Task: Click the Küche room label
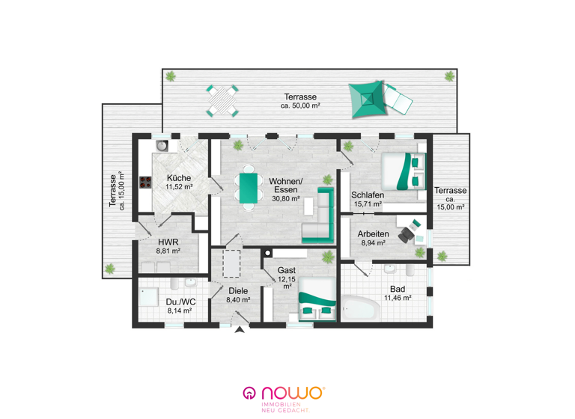pyautogui.click(x=178, y=178)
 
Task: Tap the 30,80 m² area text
pyautogui.click(x=285, y=199)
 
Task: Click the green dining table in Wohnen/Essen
pyautogui.click(x=246, y=189)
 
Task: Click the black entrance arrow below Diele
pyautogui.click(x=240, y=331)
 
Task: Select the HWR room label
pyautogui.click(x=167, y=242)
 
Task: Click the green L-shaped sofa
pyautogui.click(x=320, y=219)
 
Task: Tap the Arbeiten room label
pyautogui.click(x=373, y=233)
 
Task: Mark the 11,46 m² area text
pyautogui.click(x=398, y=298)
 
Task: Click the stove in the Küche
pyautogui.click(x=142, y=181)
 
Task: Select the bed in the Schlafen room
pyautogui.click(x=402, y=174)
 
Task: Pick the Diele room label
pyautogui.click(x=237, y=291)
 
